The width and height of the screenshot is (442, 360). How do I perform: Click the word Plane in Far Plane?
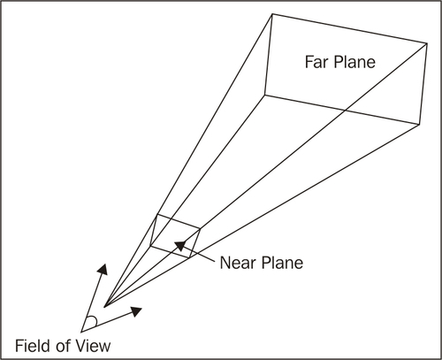(354, 62)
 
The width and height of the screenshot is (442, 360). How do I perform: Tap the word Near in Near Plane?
(237, 263)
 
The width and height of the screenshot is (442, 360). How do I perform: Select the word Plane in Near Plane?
(282, 263)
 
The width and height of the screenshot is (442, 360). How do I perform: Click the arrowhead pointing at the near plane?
(180, 245)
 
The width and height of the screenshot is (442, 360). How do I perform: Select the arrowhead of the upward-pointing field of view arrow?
(103, 269)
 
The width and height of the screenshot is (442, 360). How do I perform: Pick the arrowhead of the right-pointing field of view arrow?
(136, 311)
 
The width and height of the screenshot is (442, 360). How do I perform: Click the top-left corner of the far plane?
(272, 13)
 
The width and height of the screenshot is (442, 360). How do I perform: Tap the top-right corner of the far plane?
(427, 43)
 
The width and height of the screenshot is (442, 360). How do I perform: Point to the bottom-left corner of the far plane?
(264, 95)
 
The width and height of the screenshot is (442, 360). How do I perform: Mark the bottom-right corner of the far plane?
(419, 125)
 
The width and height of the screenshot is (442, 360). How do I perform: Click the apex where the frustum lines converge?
(104, 307)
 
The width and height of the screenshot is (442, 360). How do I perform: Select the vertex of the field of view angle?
(81, 331)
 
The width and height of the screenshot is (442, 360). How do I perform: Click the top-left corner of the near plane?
(157, 215)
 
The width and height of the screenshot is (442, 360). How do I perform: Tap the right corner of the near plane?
(200, 228)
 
